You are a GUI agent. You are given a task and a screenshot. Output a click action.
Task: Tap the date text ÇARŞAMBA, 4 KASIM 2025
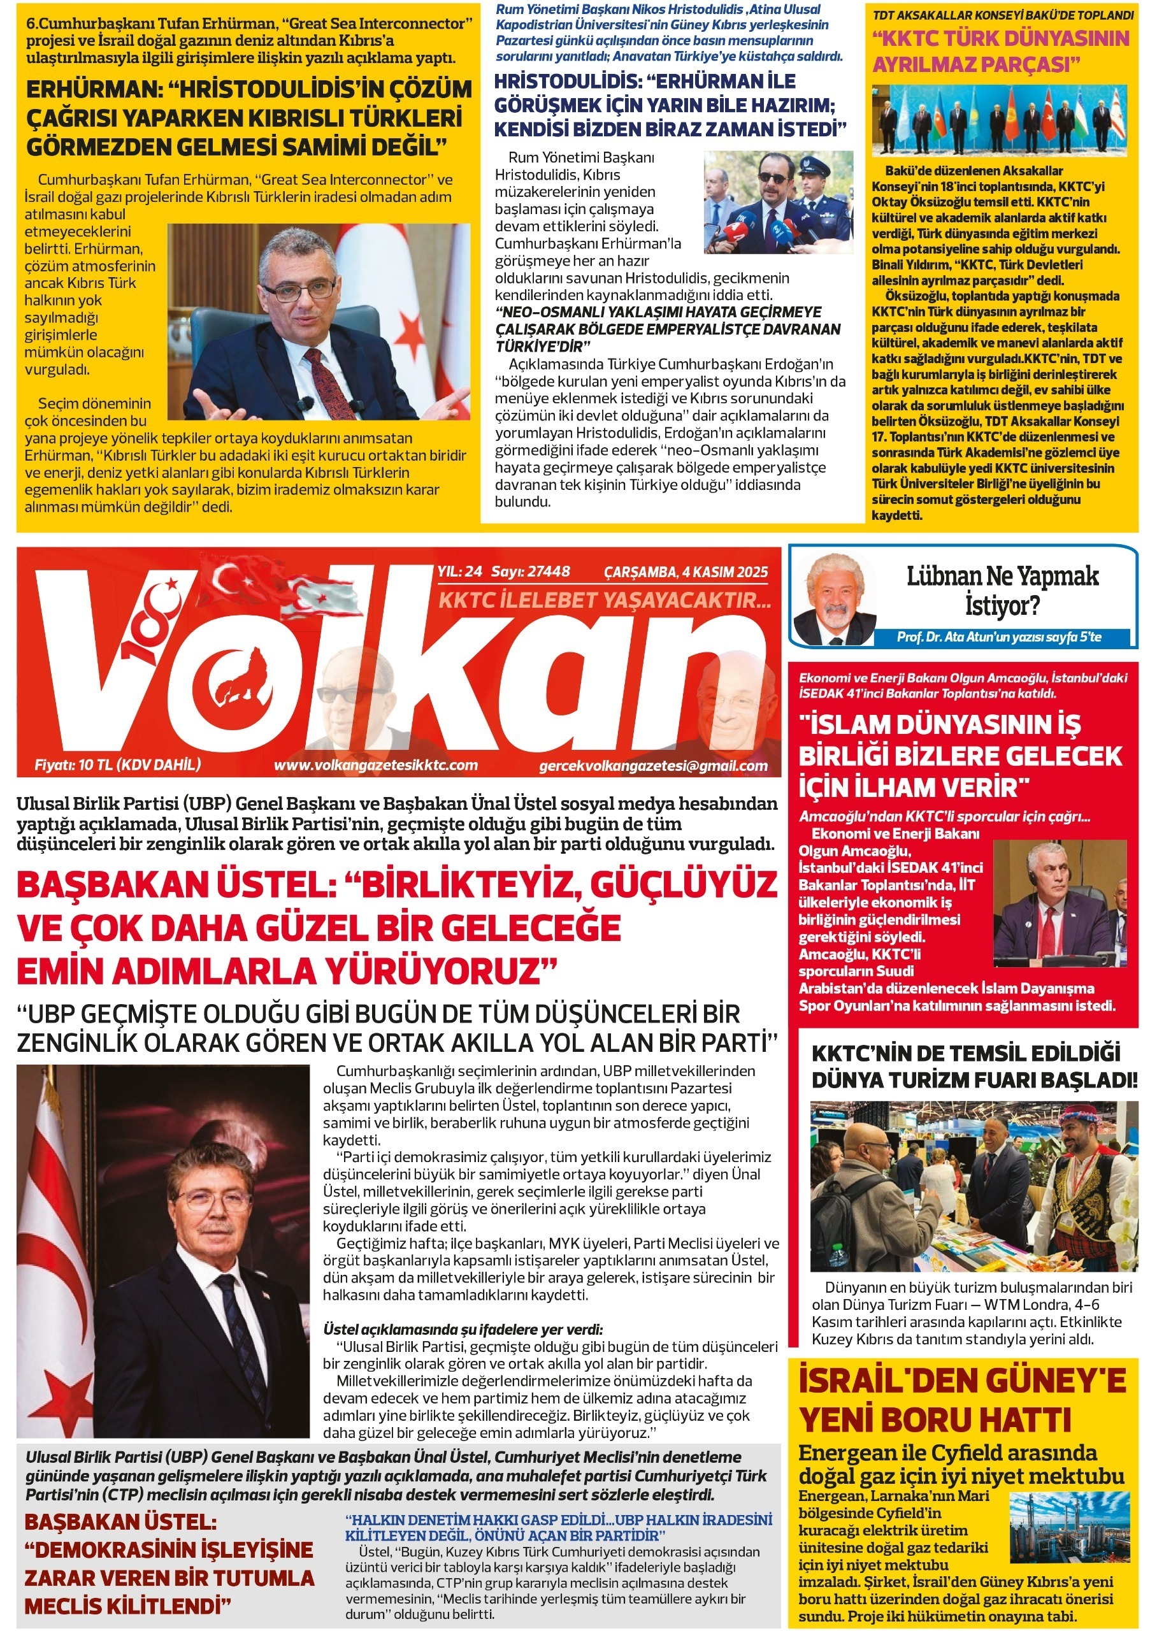pos(686,572)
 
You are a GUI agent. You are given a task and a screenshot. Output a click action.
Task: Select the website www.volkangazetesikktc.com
pos(375,765)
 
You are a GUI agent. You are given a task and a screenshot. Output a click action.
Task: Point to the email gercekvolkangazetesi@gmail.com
pos(653,766)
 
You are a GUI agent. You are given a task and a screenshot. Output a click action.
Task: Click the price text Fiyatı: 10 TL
pos(118,765)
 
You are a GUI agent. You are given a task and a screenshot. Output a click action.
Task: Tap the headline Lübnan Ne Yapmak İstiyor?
pos(1002,591)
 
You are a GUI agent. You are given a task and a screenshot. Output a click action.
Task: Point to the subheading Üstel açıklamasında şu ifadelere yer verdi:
pos(463,1329)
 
